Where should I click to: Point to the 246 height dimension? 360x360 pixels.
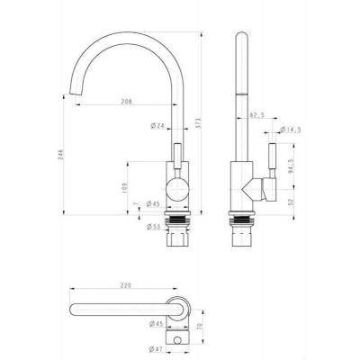coord(59,152)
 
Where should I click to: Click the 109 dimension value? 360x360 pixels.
coord(123,189)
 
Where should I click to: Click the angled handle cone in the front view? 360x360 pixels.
coord(249,190)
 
